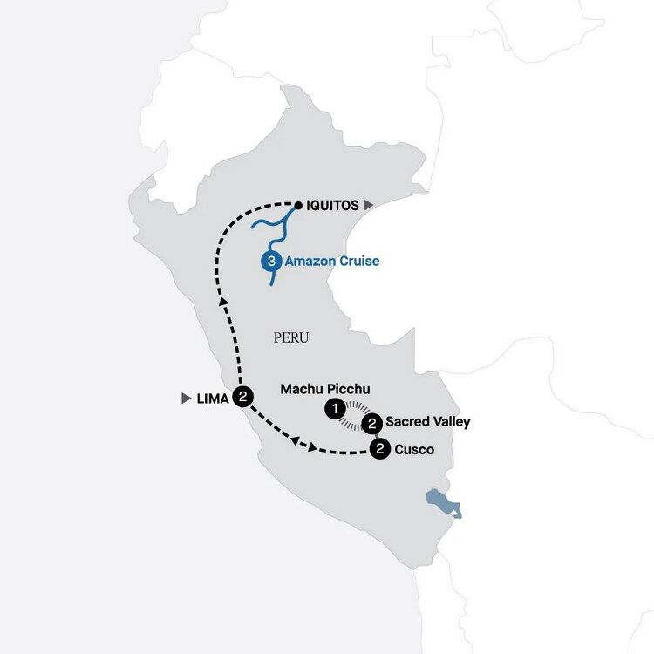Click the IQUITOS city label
332,206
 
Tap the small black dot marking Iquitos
297,206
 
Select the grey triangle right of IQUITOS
369,205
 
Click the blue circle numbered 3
270,260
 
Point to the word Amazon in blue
310,261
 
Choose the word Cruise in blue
358,261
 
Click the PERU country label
291,337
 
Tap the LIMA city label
213,399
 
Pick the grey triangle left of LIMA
186,399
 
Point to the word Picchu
352,388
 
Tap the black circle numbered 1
333,407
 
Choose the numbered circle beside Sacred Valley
372,424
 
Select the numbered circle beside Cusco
379,450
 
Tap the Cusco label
412,450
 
